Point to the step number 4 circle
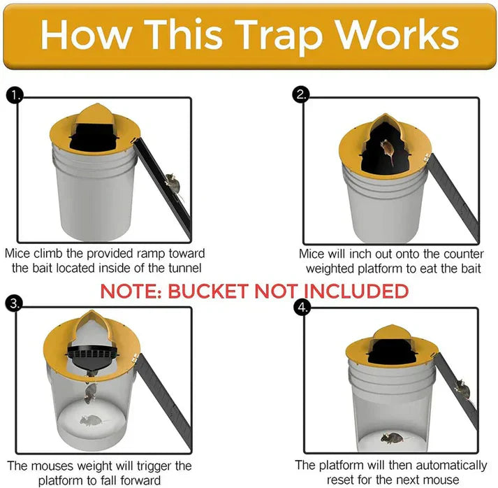pos(301,308)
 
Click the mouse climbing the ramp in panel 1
pos(172,185)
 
